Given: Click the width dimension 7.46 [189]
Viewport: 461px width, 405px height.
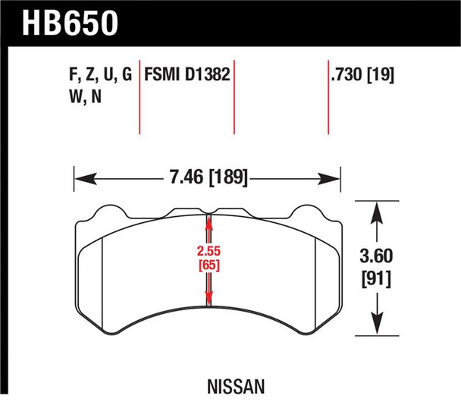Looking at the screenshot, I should click(205, 181).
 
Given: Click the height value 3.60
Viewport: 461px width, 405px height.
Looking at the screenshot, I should click(377, 259).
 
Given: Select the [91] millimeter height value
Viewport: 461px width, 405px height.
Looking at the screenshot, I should click(377, 279).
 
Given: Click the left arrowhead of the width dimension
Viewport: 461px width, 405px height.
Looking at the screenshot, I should click(79, 181).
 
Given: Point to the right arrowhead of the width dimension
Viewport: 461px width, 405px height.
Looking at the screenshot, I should click(334, 181).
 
